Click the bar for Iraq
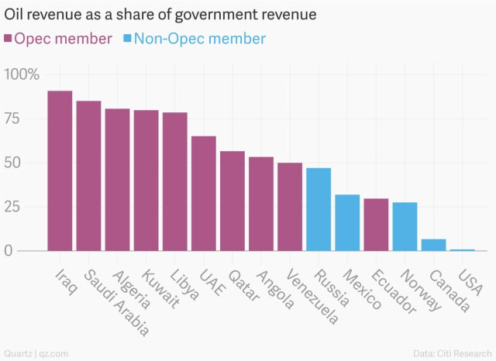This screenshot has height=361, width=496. pos(60,171)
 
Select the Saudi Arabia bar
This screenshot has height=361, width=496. pos(88,176)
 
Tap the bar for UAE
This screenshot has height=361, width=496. pos(203,194)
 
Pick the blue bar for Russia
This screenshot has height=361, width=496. pos(319,209)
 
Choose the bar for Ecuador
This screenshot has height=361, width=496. pos(376,225)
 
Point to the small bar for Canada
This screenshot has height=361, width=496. pos(433,245)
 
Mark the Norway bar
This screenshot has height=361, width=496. pos(405,226)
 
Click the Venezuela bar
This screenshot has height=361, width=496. pos(290,207)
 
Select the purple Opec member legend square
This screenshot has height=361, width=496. pos(9,39)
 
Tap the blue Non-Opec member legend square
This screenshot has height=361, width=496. pos(128,39)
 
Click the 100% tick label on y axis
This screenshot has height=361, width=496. pos(22,74)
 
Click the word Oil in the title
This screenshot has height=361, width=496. pos(15,15)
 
